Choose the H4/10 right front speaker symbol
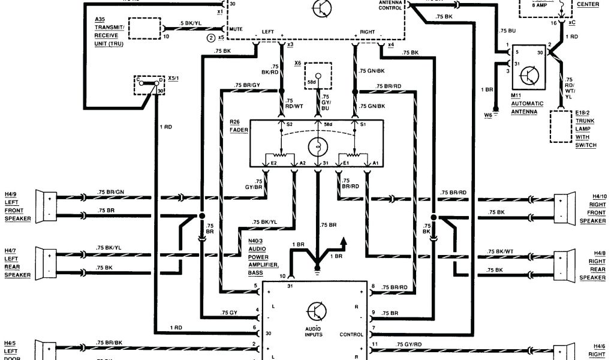[561, 206]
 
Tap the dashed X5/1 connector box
[150, 85]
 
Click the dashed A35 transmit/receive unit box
[145, 28]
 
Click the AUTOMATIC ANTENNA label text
[527, 107]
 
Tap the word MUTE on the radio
[237, 28]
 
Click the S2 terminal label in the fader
[290, 125]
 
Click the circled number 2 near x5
[210, 37]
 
